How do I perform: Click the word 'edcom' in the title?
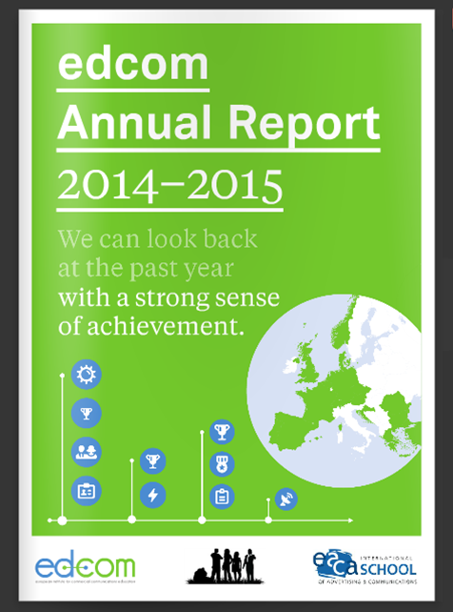(x=133, y=65)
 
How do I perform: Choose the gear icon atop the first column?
(x=87, y=375)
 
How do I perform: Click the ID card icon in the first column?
(x=87, y=491)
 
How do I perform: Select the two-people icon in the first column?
(x=87, y=452)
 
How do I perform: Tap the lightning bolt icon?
(x=152, y=494)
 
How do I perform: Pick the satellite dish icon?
(x=286, y=499)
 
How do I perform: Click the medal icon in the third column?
(x=222, y=464)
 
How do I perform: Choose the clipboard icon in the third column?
(x=222, y=496)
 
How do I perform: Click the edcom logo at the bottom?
(x=86, y=566)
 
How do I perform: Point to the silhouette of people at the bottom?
(x=223, y=565)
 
